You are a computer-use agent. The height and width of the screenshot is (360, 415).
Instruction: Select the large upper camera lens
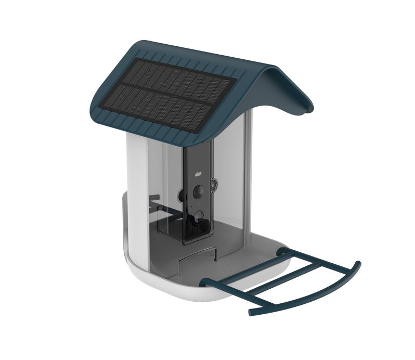(198, 191)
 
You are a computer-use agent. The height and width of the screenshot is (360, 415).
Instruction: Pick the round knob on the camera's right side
(214, 185)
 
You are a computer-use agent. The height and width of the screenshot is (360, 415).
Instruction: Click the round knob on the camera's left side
(181, 196)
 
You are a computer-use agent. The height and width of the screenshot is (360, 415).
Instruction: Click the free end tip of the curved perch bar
(250, 313)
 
